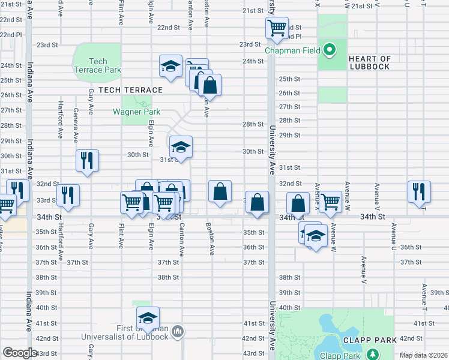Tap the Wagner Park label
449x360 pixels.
[x=136, y=112]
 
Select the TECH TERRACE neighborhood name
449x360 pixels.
[x=130, y=90]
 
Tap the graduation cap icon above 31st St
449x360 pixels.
[x=181, y=147]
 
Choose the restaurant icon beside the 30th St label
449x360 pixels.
[x=87, y=160]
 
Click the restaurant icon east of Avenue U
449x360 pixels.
[x=418, y=191]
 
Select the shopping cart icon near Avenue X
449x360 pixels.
[x=330, y=202]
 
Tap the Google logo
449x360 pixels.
[x=20, y=353]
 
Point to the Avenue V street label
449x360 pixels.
[x=363, y=270]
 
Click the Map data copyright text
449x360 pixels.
[x=424, y=355]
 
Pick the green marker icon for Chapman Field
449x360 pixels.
[x=330, y=50]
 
